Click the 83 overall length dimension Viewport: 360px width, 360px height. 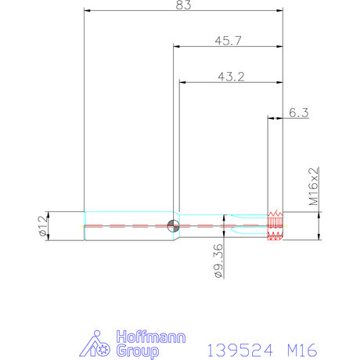click(x=184, y=5)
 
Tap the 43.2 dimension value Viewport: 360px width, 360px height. click(x=228, y=76)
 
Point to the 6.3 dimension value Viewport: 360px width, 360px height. click(x=298, y=113)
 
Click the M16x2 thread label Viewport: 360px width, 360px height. click(x=313, y=186)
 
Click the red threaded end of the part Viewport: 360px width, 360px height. click(x=274, y=225)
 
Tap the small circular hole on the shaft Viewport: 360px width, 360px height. click(x=173, y=226)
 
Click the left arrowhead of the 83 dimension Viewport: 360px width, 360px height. click(x=88, y=11)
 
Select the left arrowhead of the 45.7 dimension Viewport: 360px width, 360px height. click(x=176, y=46)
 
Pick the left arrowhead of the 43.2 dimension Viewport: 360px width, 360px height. click(x=183, y=82)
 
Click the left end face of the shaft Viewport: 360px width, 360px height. click(x=84, y=226)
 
